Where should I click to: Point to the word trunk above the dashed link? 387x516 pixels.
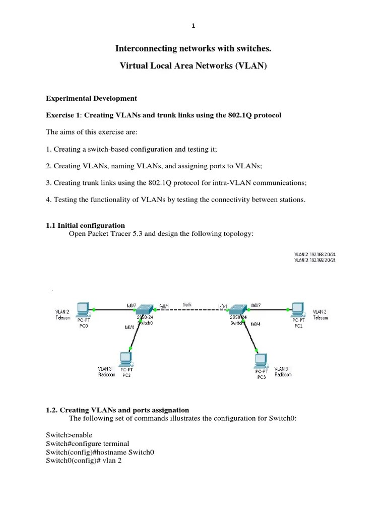pyautogui.click(x=187, y=304)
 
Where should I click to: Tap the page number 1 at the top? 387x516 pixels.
pyautogui.click(x=193, y=26)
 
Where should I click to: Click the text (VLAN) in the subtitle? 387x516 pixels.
pyautogui.click(x=251, y=66)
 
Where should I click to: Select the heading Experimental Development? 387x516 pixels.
pyautogui.click(x=91, y=98)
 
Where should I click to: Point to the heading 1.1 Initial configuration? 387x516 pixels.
pyautogui.click(x=85, y=225)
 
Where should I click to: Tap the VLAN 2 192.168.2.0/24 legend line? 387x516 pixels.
pyautogui.click(x=314, y=254)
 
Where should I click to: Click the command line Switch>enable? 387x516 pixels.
pyautogui.click(x=69, y=435)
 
